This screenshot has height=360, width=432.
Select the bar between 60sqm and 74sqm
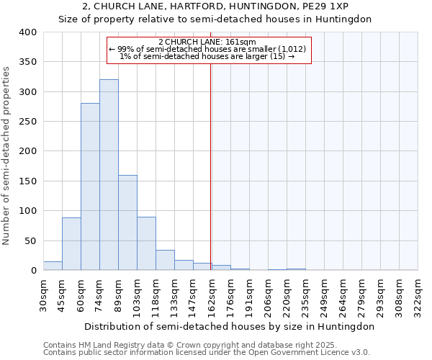click(90, 187)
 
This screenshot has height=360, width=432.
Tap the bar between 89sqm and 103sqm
click(127, 222)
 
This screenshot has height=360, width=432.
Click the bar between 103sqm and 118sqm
click(146, 243)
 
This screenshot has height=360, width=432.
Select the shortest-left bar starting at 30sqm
click(53, 266)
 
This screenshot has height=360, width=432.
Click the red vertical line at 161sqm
click(210, 166)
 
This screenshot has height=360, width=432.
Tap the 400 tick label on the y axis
click(28, 32)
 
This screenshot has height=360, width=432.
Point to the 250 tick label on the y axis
click(28, 122)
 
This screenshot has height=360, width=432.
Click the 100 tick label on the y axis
click(28, 211)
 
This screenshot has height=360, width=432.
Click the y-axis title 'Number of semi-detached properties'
click(7, 155)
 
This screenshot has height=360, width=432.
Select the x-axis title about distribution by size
click(229, 326)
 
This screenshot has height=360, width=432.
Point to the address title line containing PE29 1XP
click(216, 6)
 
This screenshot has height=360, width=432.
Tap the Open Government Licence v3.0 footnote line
click(207, 353)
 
